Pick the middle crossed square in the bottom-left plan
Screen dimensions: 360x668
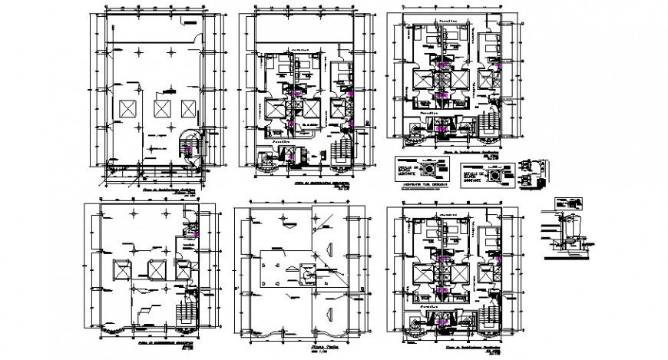[156, 269]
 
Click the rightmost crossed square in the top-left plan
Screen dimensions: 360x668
[189, 107]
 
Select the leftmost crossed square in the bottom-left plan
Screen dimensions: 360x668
[122, 269]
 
